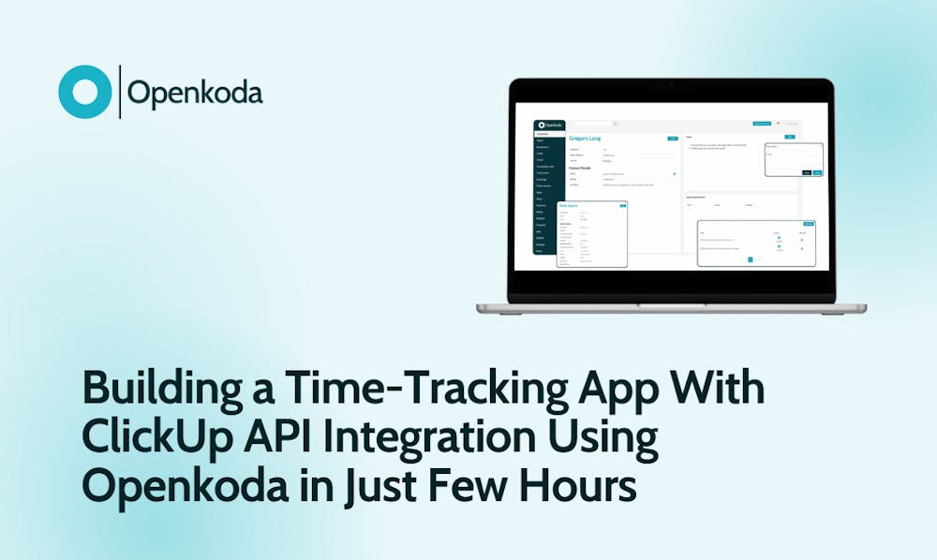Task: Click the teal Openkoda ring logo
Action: click(85, 92)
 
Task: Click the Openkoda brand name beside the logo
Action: click(195, 93)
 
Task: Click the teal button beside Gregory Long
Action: click(672, 139)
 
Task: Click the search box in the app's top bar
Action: click(590, 124)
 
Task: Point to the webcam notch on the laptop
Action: click(670, 83)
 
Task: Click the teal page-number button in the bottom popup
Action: click(750, 259)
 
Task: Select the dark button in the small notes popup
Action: click(807, 172)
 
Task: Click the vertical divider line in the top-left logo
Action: click(120, 92)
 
